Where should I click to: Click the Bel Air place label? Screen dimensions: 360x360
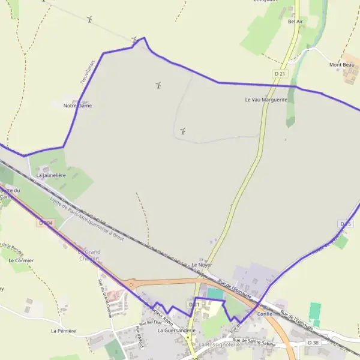(295, 22)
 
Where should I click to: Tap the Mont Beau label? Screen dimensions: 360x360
(341, 65)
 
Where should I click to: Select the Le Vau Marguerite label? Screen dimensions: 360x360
(266, 100)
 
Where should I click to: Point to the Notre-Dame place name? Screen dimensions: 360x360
(77, 106)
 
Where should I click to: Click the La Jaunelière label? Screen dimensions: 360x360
(50, 175)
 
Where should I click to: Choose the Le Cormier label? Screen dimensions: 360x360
(21, 260)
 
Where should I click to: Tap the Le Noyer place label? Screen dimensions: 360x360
(202, 265)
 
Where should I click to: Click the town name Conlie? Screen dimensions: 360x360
(265, 314)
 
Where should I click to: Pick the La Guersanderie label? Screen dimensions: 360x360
(177, 330)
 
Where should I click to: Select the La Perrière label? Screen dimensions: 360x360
(64, 331)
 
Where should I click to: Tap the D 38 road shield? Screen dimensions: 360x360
(313, 343)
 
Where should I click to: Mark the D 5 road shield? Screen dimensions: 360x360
(345, 224)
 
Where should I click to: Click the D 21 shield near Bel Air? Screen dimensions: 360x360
(278, 73)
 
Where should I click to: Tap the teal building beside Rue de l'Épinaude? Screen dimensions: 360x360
(214, 293)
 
